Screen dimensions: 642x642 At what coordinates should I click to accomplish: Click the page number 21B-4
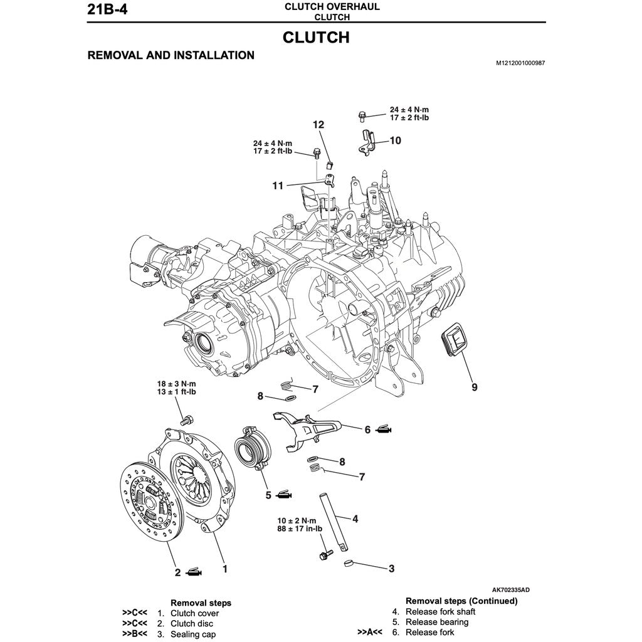point(108,11)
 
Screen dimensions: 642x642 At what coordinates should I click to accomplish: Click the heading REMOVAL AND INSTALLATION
point(171,55)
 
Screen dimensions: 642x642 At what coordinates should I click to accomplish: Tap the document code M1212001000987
point(520,63)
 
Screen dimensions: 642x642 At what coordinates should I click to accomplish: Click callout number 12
point(318,125)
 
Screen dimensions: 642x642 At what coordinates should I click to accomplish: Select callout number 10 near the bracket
point(395,140)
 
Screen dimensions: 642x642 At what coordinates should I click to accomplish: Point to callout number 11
point(278,185)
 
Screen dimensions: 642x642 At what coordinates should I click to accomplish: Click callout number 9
point(475,387)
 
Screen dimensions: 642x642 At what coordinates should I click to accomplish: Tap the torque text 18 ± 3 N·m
point(176,384)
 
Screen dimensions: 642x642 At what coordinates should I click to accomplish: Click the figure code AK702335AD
point(510,590)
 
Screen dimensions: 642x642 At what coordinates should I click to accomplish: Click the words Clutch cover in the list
point(194,613)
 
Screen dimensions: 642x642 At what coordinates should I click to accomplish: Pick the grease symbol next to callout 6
point(384,430)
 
